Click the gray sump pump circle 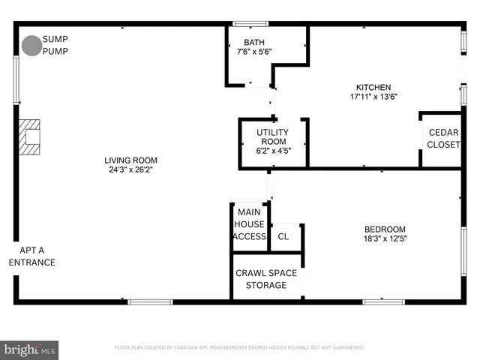pos(31,46)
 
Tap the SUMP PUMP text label pos(54,45)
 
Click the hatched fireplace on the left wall pos(31,136)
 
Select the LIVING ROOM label pos(130,160)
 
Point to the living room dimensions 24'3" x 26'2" pos(130,169)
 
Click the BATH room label pos(254,42)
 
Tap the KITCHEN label pos(373,87)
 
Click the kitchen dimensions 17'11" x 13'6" pos(373,97)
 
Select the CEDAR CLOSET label pos(443,138)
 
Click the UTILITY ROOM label pos(273,136)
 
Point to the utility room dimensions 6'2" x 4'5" pos(273,151)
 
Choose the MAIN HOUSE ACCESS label pos(249,224)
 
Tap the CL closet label pos(283,236)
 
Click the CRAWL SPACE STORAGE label pos(266,279)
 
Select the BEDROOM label pos(385,229)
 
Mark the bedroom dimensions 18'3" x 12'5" pos(385,239)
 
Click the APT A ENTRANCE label pos(31,256)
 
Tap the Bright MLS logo pos(30,349)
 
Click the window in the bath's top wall pos(250,24)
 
